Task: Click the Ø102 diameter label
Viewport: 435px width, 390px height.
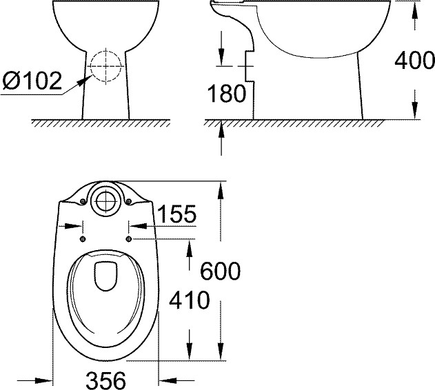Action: [x=32, y=81]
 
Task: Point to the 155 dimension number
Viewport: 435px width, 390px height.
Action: [x=175, y=215]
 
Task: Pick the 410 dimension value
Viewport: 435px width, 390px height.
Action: [x=190, y=300]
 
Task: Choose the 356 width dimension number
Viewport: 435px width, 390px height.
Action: [x=107, y=379]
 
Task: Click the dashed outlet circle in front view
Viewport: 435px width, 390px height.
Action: [x=106, y=68]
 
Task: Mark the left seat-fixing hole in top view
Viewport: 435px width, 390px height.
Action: [x=83, y=238]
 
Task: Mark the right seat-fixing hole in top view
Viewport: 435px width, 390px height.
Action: [x=130, y=238]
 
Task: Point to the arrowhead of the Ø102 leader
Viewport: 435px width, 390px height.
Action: [x=85, y=78]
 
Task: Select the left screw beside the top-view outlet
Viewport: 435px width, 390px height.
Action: [x=83, y=201]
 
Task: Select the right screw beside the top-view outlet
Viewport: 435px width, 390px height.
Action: [x=129, y=201]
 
